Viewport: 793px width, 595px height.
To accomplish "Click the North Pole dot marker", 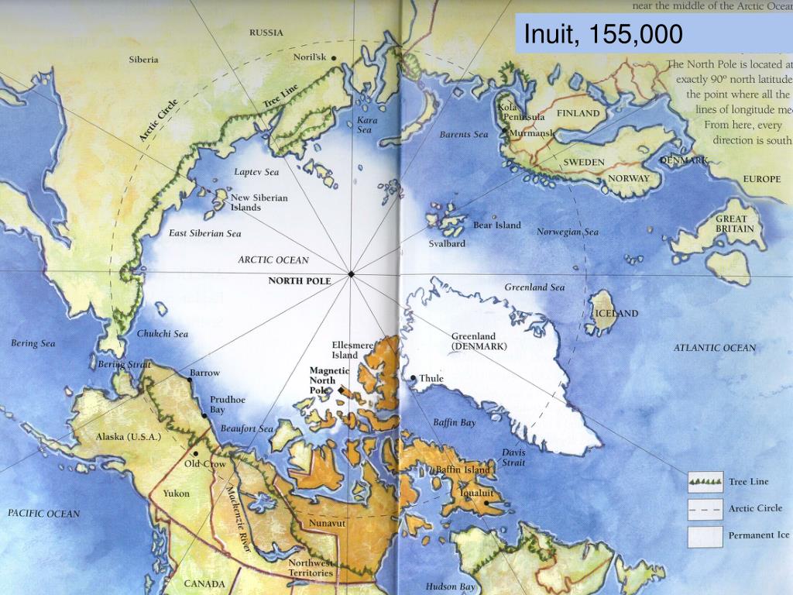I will (x=351, y=274).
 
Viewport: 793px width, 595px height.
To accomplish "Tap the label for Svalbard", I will (x=447, y=243).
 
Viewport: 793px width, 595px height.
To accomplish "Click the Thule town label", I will (x=431, y=379).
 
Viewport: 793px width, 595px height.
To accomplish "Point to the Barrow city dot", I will (x=190, y=380).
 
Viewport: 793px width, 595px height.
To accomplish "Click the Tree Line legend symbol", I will (x=705, y=482).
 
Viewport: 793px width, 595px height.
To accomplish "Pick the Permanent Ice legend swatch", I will (x=705, y=535).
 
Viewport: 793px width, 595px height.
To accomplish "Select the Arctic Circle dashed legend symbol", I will (x=705, y=509).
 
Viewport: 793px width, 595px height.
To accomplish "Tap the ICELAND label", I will (x=616, y=313).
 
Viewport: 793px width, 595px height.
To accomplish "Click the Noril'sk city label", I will (x=310, y=57).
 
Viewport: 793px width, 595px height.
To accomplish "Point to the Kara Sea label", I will (x=365, y=125).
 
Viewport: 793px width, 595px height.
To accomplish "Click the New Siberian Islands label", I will (x=259, y=202).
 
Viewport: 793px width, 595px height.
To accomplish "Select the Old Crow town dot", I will (x=196, y=454).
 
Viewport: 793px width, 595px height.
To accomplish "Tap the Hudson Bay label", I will (x=450, y=586).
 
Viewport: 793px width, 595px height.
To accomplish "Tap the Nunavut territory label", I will (x=327, y=524).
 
